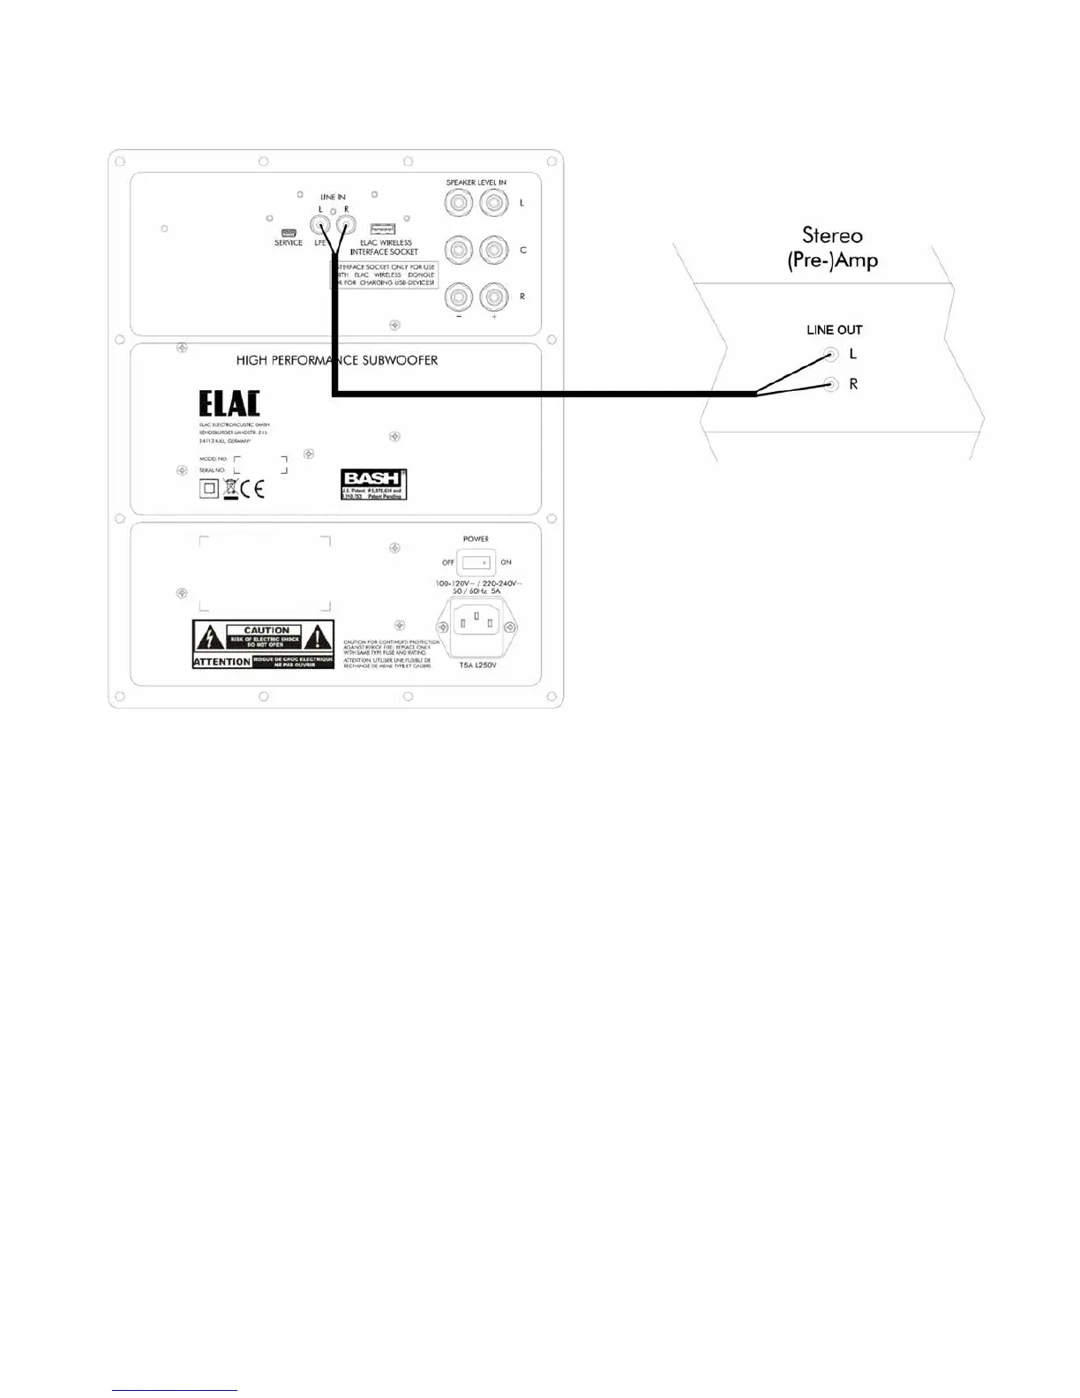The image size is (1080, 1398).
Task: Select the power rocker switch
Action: pyautogui.click(x=476, y=562)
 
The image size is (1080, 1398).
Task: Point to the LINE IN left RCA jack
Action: pyautogui.click(x=319, y=224)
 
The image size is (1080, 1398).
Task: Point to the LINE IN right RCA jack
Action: pyautogui.click(x=345, y=224)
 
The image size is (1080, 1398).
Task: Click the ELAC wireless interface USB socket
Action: pyautogui.click(x=383, y=229)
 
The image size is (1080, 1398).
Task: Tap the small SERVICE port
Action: pyautogui.click(x=289, y=232)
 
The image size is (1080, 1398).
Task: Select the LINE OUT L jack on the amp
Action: pyautogui.click(x=830, y=355)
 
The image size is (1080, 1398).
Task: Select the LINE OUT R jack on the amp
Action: pyautogui.click(x=830, y=385)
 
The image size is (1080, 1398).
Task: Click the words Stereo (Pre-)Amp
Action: pyautogui.click(x=832, y=247)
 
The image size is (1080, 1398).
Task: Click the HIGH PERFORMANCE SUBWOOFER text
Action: pyautogui.click(x=337, y=360)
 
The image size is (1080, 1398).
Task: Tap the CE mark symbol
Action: pyautogui.click(x=252, y=488)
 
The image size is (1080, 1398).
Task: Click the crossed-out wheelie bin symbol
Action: pyautogui.click(x=231, y=487)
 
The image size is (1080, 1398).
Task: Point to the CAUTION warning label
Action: pyautogui.click(x=263, y=643)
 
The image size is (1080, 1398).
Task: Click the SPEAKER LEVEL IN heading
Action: pyautogui.click(x=476, y=183)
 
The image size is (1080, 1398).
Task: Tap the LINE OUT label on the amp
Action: pyautogui.click(x=834, y=330)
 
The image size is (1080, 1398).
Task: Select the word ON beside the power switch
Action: pyautogui.click(x=506, y=562)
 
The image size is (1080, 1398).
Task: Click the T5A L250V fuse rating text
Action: pyautogui.click(x=477, y=665)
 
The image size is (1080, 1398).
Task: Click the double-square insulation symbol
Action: pyautogui.click(x=209, y=488)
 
